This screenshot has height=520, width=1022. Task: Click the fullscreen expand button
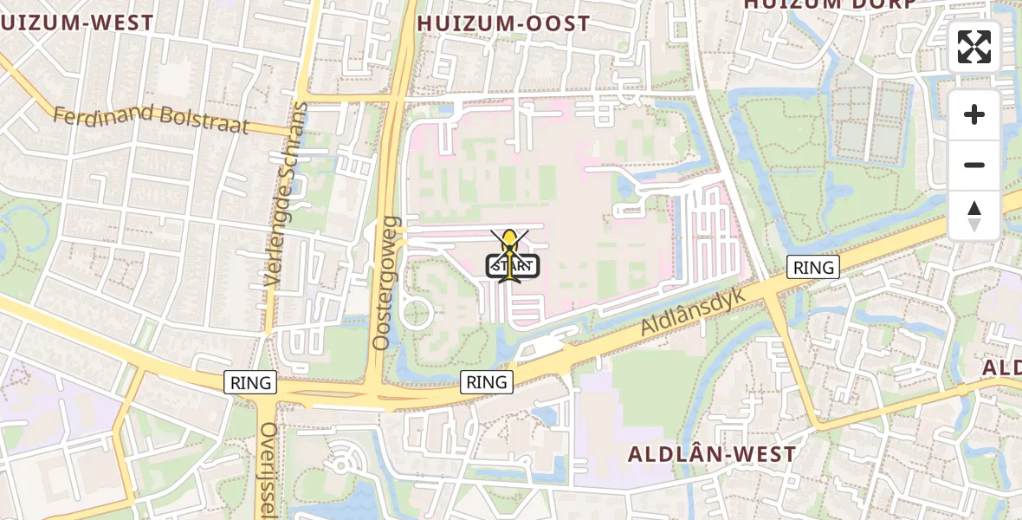[x=974, y=47]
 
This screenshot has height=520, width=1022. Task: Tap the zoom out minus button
[x=974, y=165]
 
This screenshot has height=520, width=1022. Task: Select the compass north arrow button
[x=974, y=215]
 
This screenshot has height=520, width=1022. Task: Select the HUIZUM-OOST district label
[x=503, y=23]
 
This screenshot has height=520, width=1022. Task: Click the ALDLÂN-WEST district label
[x=711, y=453]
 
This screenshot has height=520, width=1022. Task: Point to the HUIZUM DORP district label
[x=829, y=4]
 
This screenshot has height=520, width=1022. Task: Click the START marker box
[x=513, y=266]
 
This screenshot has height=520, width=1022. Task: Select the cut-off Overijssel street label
[x=268, y=468]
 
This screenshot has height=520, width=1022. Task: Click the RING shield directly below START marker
[x=486, y=381]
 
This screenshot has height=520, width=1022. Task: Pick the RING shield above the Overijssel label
[x=250, y=381]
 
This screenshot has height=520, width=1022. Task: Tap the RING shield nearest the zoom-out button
[x=814, y=267]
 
